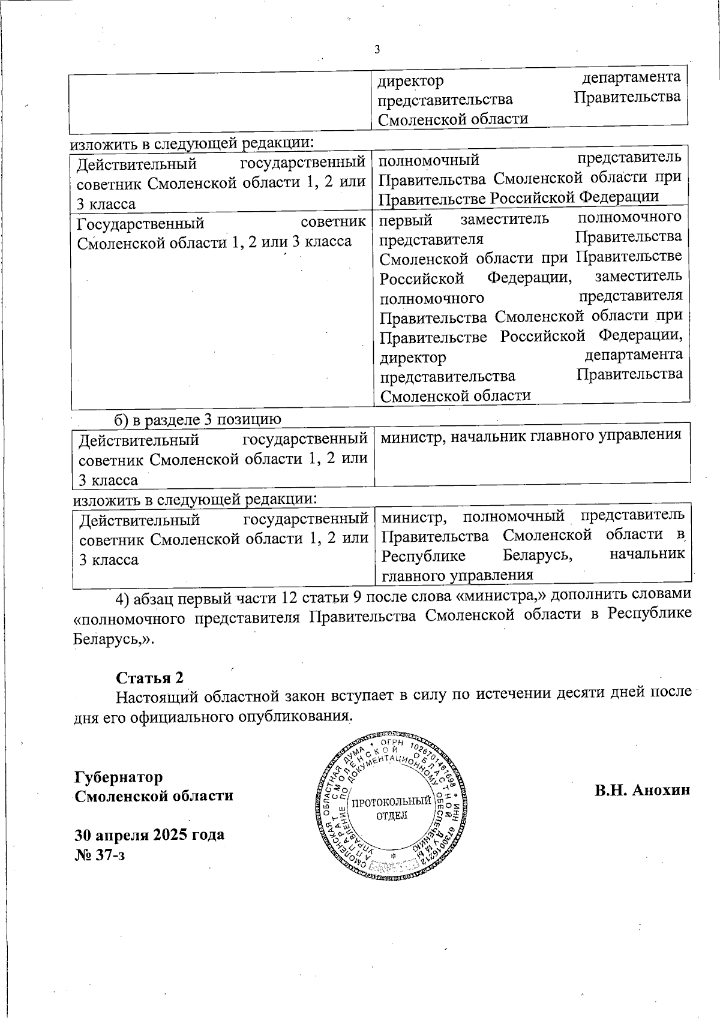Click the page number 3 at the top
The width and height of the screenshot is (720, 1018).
point(377,50)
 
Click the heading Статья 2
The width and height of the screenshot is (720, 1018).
point(149,677)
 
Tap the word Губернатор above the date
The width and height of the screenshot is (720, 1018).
point(118,777)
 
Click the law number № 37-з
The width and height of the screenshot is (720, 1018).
point(100,854)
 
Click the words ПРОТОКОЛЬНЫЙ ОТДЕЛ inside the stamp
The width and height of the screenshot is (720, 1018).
point(391,808)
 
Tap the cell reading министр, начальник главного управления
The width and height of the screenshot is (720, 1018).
point(531,435)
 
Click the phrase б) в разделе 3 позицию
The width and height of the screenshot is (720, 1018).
point(198,419)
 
